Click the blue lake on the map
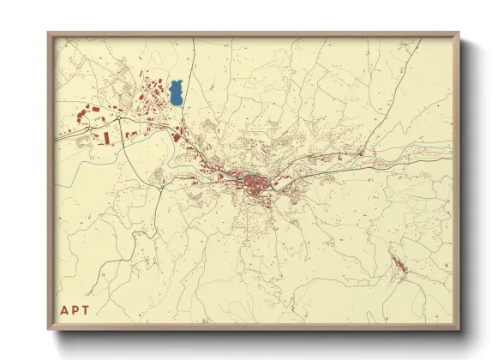(177, 93)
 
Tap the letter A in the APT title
(64, 310)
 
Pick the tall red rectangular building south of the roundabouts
(105, 136)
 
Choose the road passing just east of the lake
(188, 94)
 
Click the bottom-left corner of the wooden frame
(49, 330)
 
